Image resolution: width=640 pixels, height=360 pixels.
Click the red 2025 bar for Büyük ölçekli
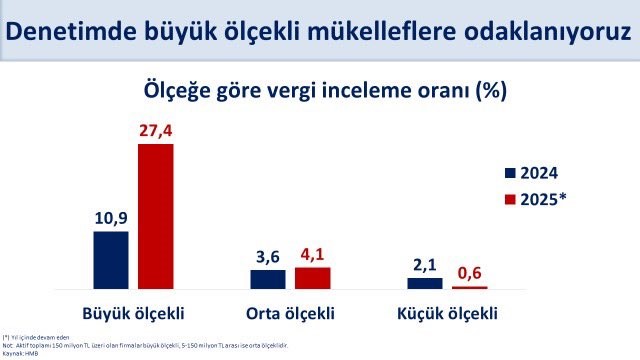(x=155, y=217)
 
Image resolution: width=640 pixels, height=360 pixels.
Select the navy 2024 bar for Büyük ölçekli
(x=111, y=260)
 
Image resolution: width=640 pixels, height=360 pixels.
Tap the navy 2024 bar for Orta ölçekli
(x=267, y=279)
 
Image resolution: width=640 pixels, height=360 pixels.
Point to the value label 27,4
(x=156, y=130)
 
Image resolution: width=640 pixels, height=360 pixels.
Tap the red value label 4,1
(x=312, y=253)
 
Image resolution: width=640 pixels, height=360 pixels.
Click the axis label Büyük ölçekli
(x=132, y=311)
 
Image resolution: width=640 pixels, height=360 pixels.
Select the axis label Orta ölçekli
(x=289, y=311)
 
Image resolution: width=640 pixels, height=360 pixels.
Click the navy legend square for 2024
(x=510, y=172)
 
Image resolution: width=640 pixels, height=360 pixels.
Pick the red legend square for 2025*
(x=510, y=198)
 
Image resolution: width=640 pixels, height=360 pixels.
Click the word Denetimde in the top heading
(x=66, y=32)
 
